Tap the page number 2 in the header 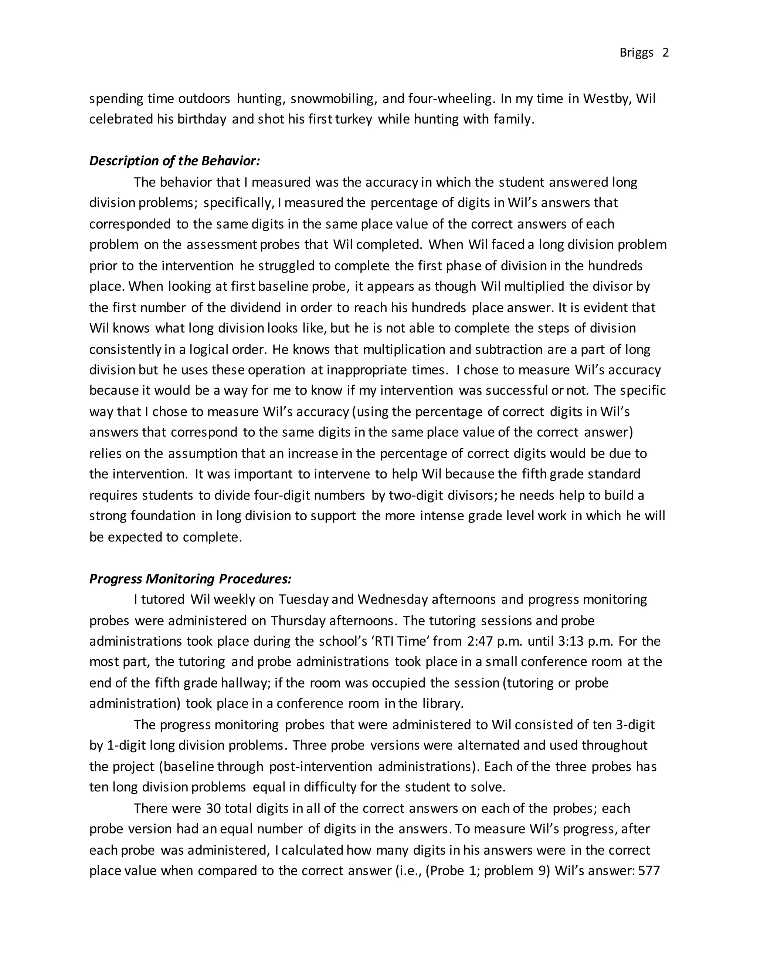click(665, 53)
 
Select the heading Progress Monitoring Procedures click(190, 579)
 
